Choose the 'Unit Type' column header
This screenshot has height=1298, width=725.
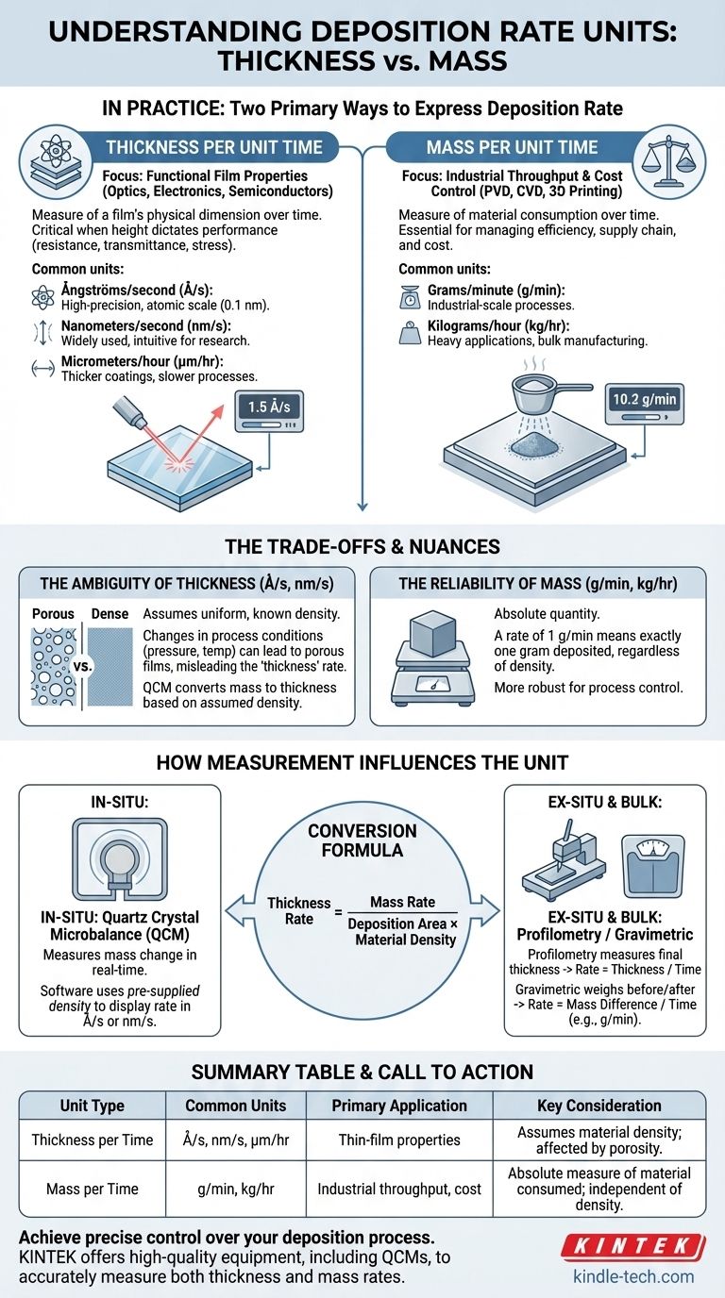tap(92, 1106)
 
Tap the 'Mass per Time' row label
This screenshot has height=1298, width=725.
tap(92, 1189)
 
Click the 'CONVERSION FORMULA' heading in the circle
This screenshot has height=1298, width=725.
tap(362, 840)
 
